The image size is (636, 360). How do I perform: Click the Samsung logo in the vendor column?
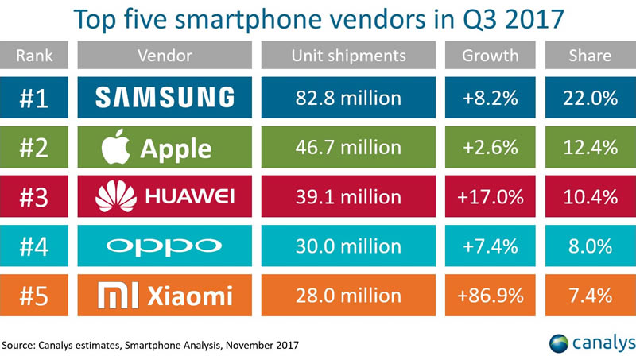coord(165,97)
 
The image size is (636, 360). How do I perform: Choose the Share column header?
coord(589,56)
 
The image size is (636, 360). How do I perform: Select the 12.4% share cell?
coord(589,147)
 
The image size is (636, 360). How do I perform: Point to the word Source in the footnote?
coord(21,344)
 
